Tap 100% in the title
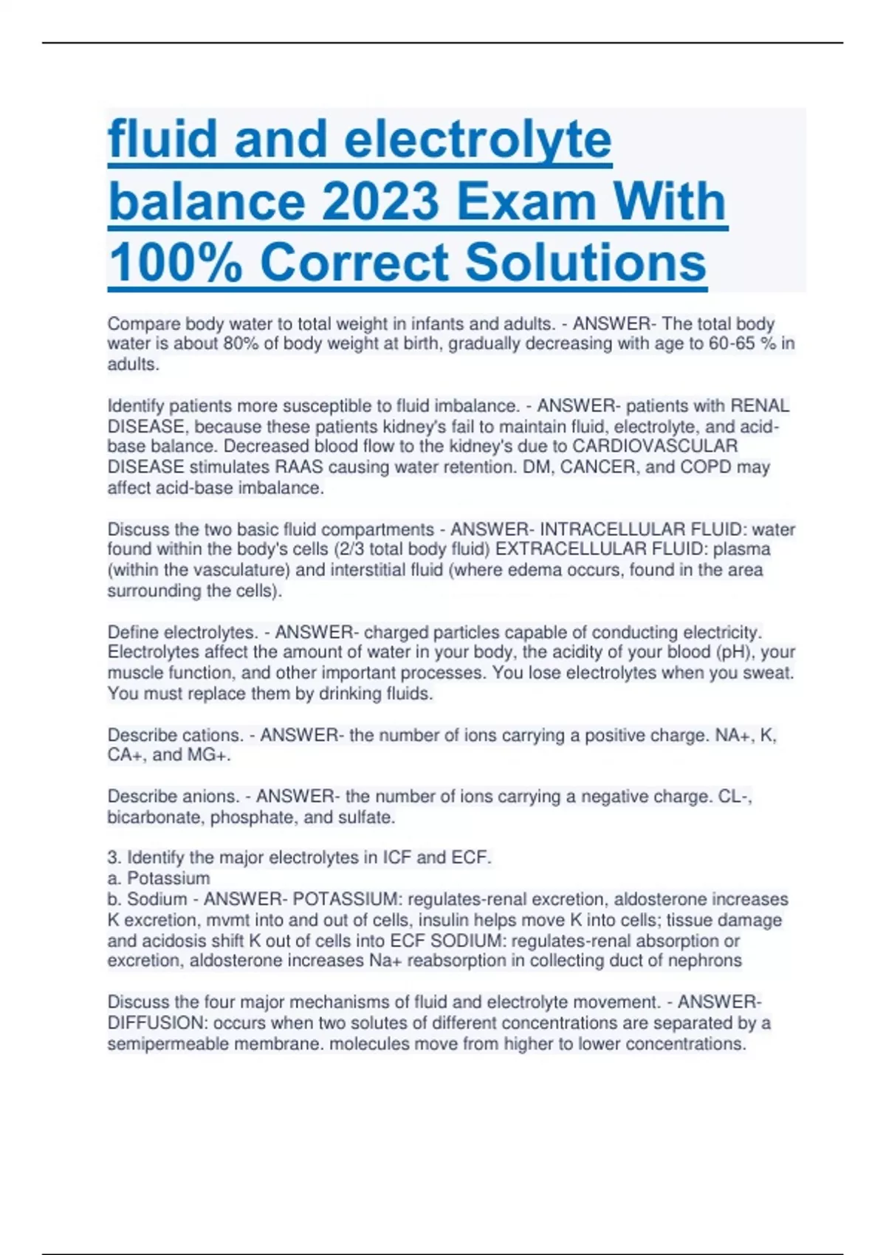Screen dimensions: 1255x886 pyautogui.click(x=176, y=263)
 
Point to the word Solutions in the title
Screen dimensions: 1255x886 pyautogui.click(x=586, y=263)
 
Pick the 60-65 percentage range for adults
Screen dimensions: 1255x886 pyautogui.click(x=740, y=344)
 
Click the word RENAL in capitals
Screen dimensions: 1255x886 pyautogui.click(x=760, y=406)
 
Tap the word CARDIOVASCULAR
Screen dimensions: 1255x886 pyautogui.click(x=655, y=447)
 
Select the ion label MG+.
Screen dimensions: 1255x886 pyautogui.click(x=209, y=755)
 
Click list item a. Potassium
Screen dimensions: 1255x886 pyautogui.click(x=159, y=878)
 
